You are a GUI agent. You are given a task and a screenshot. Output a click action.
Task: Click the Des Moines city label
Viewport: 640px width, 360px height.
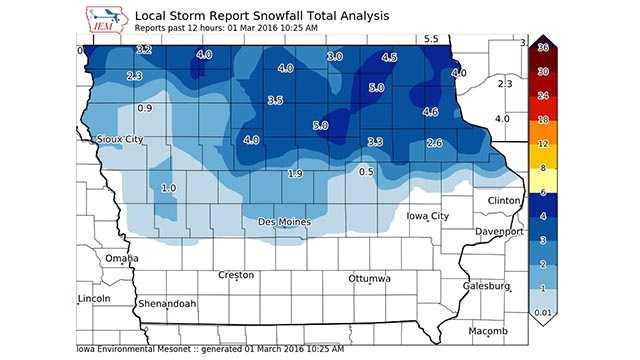tap(284, 221)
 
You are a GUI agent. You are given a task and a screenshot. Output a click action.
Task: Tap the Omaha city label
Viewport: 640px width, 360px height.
tap(122, 258)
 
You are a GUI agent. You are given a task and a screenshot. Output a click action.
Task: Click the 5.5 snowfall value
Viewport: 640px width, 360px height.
tap(431, 39)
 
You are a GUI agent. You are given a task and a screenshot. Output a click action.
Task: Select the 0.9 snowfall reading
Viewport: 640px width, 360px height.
tap(144, 107)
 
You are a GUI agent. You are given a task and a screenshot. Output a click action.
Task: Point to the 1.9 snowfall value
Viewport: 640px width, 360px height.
tap(295, 174)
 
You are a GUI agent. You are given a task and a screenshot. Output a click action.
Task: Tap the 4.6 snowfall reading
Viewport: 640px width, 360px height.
tap(431, 112)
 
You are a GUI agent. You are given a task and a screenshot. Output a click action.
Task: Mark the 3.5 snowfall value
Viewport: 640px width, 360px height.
tap(275, 100)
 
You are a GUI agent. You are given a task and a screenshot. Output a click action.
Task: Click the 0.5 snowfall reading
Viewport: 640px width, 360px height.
tap(366, 172)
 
